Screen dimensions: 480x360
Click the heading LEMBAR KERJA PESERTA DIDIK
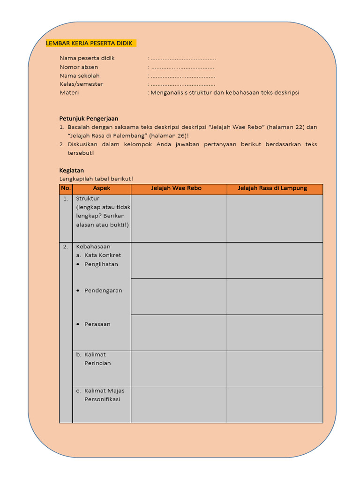point(89,44)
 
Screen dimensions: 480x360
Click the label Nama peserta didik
point(87,58)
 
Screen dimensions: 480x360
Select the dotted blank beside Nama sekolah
point(183,75)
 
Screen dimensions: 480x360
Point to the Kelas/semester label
point(81,84)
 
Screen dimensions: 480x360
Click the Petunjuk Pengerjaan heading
point(89,118)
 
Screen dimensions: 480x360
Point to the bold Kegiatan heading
point(71,170)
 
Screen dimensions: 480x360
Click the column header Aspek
point(102,188)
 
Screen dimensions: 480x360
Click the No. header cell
point(66,188)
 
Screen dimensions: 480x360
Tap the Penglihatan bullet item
point(101,264)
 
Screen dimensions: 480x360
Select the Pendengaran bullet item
point(103,291)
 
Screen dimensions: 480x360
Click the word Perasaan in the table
point(97,324)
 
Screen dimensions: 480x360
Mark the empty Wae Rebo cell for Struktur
point(179,218)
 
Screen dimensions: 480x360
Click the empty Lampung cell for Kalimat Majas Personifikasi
point(275,405)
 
